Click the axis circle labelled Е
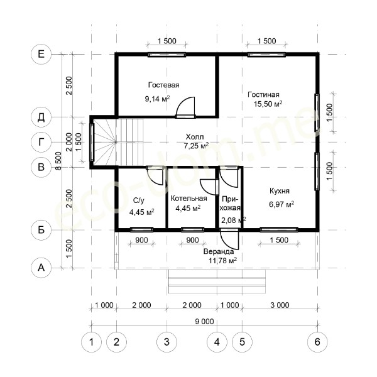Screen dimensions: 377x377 (41, 54)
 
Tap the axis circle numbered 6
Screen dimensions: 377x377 (317, 342)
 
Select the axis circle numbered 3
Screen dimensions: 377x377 (167, 342)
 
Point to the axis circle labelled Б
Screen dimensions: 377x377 (41, 230)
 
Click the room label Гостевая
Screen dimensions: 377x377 (164, 85)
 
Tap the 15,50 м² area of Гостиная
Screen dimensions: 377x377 (268, 104)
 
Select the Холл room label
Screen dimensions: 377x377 (195, 137)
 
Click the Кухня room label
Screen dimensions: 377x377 (280, 191)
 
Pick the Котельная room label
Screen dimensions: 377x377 (188, 199)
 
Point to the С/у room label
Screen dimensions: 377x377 (139, 201)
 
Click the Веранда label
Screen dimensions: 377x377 (219, 251)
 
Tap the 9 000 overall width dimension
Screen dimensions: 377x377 (204, 322)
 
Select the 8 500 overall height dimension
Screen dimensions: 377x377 (58, 161)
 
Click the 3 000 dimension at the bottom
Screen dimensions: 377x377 (280, 305)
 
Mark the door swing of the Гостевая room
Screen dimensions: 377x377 (185, 107)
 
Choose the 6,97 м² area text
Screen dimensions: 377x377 (281, 204)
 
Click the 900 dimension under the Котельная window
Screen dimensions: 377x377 (193, 240)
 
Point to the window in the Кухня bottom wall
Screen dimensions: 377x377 (279, 229)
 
